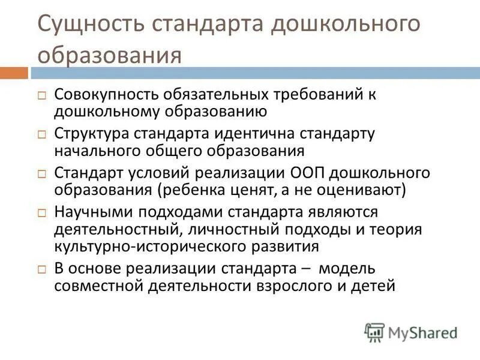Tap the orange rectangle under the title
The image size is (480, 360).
[14, 73]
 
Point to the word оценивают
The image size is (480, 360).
[363, 190]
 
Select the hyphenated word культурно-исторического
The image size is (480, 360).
[157, 245]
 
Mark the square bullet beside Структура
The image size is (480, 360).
[42, 134]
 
